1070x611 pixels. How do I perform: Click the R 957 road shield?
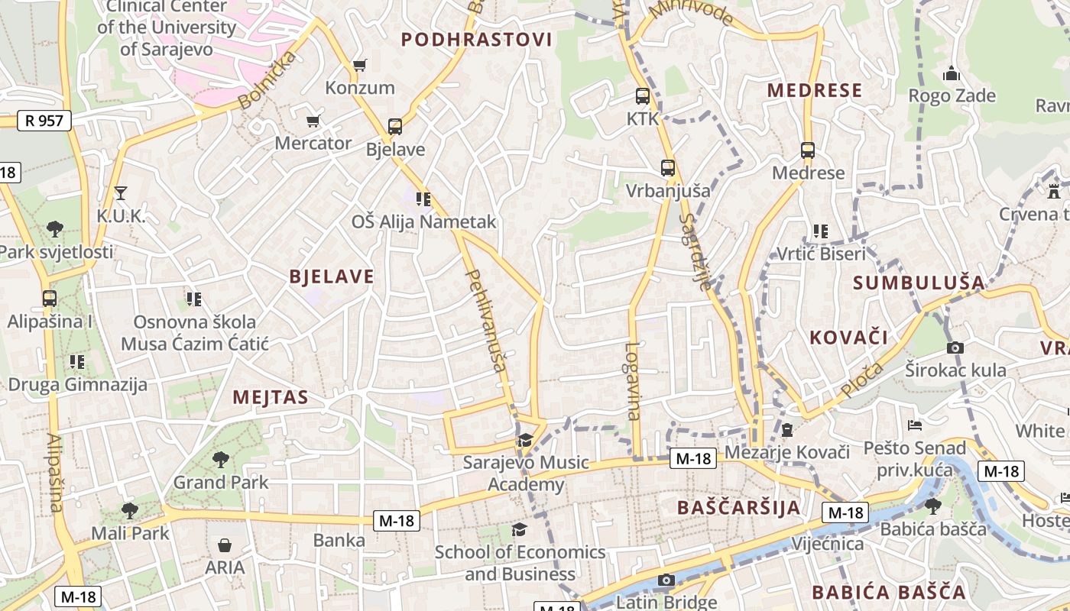[44, 120]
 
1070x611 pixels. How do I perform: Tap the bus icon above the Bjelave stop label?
[394, 127]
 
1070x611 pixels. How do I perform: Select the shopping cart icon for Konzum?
[359, 66]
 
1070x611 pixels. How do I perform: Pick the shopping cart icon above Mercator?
[313, 121]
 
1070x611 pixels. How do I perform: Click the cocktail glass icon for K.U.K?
[120, 192]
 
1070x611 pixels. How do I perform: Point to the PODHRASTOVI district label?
[476, 40]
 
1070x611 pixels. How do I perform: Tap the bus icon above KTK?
[643, 96]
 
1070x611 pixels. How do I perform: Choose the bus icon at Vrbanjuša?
[668, 168]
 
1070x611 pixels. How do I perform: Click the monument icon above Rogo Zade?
[952, 73]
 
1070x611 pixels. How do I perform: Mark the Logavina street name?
[632, 380]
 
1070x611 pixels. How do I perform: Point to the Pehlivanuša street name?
[486, 321]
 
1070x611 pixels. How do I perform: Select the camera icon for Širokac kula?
[955, 348]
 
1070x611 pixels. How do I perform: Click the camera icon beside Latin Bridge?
[666, 580]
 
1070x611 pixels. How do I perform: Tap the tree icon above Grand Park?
[221, 459]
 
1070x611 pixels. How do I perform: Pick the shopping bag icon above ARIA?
[225, 545]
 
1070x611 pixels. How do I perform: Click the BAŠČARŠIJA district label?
[739, 507]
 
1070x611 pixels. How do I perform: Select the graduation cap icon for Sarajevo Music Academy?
[525, 440]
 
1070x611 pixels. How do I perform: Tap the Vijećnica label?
[827, 544]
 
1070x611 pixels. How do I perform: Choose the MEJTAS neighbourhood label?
[271, 397]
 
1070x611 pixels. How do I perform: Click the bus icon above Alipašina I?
[50, 299]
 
